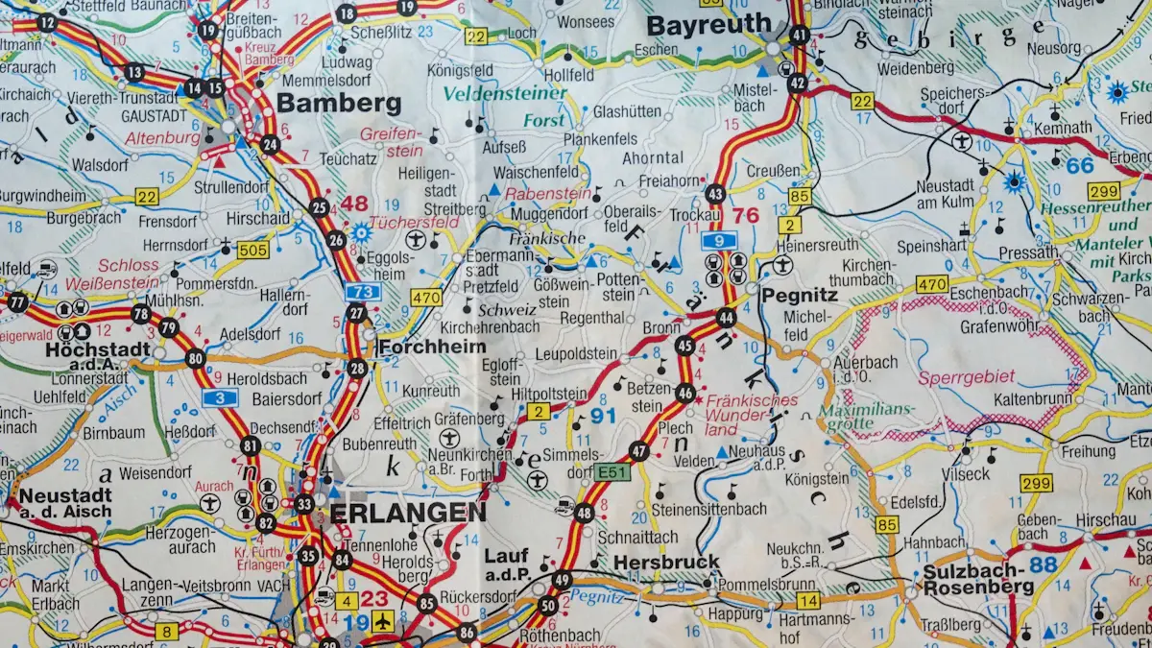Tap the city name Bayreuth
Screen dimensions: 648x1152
pyautogui.click(x=708, y=24)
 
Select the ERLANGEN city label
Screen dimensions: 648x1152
pyautogui.click(x=408, y=513)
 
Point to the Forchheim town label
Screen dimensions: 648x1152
pyautogui.click(x=432, y=347)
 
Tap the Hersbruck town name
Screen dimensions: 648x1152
pyautogui.click(x=666, y=562)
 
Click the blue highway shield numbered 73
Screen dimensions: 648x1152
pyautogui.click(x=363, y=292)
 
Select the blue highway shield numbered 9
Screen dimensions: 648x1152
pyautogui.click(x=718, y=241)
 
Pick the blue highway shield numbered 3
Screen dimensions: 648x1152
pyautogui.click(x=220, y=398)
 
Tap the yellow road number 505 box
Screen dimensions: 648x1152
pyautogui.click(x=253, y=251)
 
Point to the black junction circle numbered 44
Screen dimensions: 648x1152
pyautogui.click(x=727, y=317)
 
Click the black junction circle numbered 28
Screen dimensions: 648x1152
pyautogui.click(x=358, y=369)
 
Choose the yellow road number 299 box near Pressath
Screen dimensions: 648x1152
pyautogui.click(x=1104, y=191)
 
